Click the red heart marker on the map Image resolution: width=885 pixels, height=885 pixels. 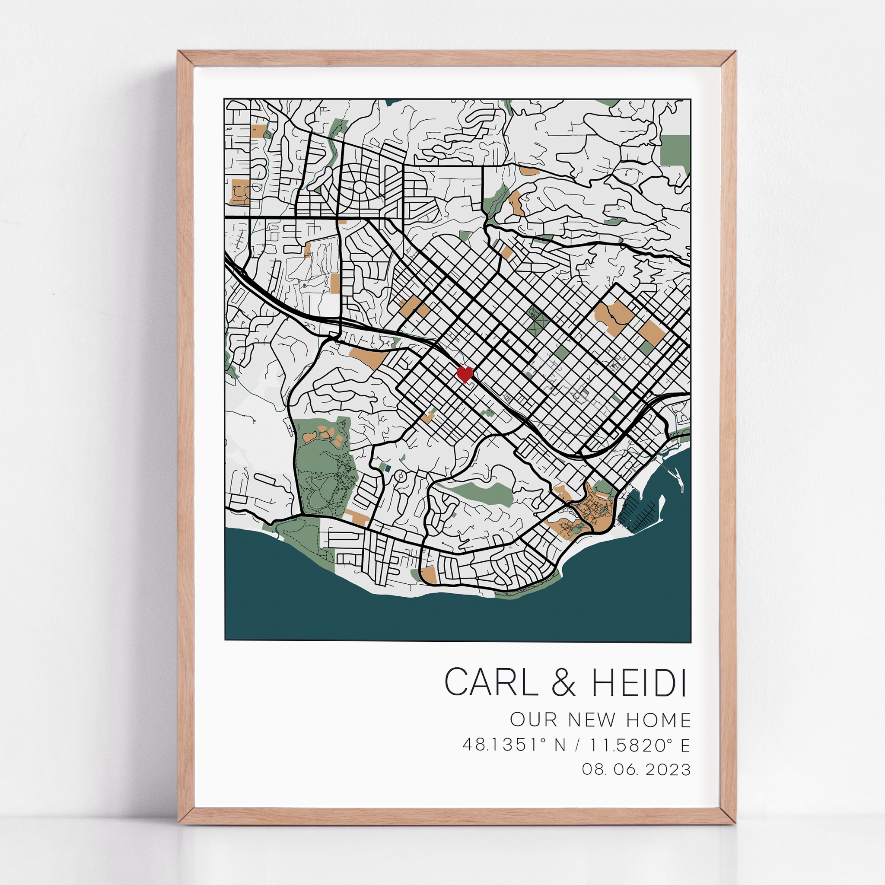(x=465, y=374)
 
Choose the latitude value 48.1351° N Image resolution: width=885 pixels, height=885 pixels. (x=514, y=745)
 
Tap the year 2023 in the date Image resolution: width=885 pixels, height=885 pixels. (x=669, y=769)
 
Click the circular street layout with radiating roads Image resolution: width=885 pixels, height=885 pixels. (x=360, y=186)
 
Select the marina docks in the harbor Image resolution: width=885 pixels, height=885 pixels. (x=639, y=509)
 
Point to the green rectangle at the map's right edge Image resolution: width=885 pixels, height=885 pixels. (x=675, y=152)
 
